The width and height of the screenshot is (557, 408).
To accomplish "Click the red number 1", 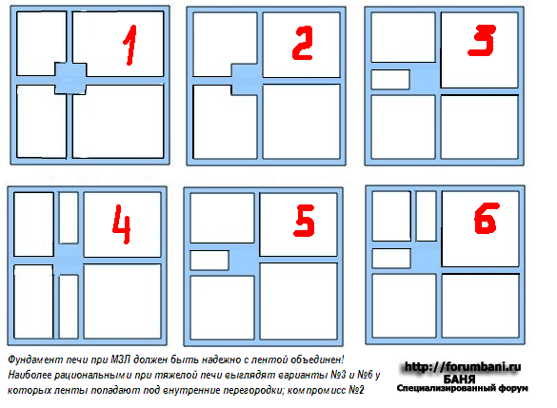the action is [130, 45].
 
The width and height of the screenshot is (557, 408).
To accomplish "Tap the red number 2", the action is [303, 43].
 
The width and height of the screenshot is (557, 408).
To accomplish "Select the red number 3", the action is [482, 40].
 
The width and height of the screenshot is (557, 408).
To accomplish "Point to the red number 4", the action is [122, 223].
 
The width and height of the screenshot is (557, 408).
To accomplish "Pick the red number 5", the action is [305, 221].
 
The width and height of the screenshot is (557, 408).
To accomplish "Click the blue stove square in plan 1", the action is [70, 79].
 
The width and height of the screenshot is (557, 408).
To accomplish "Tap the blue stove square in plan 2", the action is [247, 80].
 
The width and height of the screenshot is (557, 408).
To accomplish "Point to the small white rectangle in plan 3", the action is [390, 80].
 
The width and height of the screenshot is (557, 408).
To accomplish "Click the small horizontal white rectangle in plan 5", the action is [209, 260].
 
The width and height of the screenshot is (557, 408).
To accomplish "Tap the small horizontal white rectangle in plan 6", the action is [391, 259].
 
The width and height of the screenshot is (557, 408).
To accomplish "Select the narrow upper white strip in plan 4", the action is [69, 218].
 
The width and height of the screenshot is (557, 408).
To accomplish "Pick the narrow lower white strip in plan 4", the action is [69, 306].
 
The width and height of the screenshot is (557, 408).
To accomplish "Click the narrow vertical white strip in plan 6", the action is [426, 216].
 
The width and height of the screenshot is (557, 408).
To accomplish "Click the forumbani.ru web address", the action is [463, 366].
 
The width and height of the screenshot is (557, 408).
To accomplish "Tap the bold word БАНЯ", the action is [459, 379].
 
